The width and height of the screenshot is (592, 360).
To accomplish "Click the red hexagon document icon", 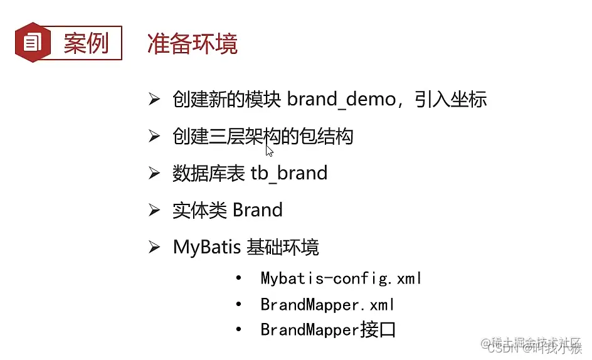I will pos(32,43).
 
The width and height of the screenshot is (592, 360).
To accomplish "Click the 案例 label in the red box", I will pos(86,43).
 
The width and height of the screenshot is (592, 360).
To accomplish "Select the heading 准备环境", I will pos(193,43).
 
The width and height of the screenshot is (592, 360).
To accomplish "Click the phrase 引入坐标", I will pos(451,99).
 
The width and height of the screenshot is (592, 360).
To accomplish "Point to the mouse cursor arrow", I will pos(269,150).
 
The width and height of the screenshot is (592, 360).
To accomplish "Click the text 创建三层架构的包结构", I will pos(263,136).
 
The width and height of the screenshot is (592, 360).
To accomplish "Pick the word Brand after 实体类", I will pos(257,209).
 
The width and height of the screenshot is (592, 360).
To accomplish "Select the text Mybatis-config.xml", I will pos(341,278).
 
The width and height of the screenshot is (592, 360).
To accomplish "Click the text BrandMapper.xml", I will pos(327,305).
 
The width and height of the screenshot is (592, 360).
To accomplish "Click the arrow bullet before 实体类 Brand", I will pos(154,210).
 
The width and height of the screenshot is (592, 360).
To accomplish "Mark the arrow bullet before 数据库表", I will pos(154,173).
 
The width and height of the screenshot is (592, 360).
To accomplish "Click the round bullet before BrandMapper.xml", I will pos(238,305).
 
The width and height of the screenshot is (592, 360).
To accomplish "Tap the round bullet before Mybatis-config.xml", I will pos(238,278).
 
